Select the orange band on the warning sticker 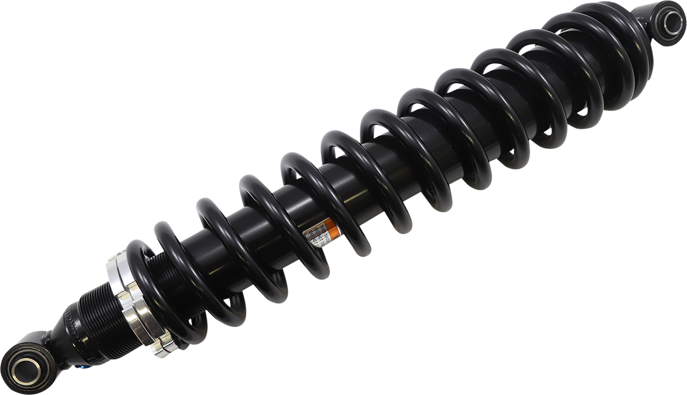[331, 230]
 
